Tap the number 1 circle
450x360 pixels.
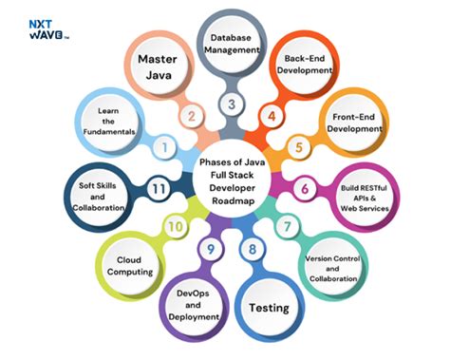click(165, 147)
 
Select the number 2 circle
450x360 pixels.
click(193, 117)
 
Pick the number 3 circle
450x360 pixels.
click(229, 104)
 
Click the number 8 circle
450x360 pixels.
click(252, 250)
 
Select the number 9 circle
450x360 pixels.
click(210, 250)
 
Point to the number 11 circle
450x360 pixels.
click(159, 189)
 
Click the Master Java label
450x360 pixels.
click(158, 67)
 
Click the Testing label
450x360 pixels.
click(270, 307)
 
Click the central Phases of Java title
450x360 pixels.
click(231, 177)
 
